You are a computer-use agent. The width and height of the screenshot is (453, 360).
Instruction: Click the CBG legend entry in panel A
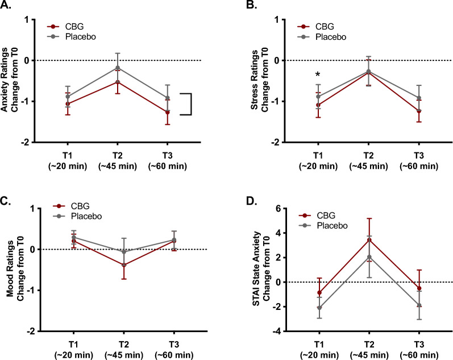coord(67,26)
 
